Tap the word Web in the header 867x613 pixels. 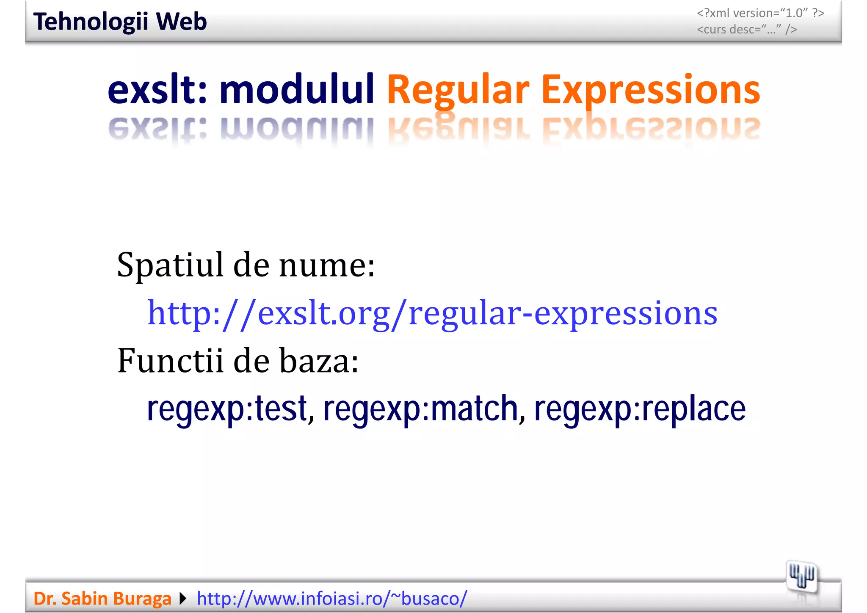[181, 22]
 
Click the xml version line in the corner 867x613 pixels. [760, 13]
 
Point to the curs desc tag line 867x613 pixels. [747, 30]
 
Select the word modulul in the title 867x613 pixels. [296, 90]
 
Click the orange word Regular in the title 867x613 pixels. [458, 90]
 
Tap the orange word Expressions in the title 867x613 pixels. [651, 90]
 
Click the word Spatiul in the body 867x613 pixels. [170, 266]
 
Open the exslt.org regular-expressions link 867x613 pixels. [432, 314]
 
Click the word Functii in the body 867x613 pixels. [170, 361]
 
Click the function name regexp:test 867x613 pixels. [227, 409]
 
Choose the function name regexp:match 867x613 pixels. [421, 409]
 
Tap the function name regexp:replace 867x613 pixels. [640, 409]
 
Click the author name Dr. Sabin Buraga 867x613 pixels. [102, 599]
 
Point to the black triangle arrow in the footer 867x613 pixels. [183, 599]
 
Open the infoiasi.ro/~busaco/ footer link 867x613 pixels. [332, 599]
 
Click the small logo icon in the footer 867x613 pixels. [801, 577]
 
